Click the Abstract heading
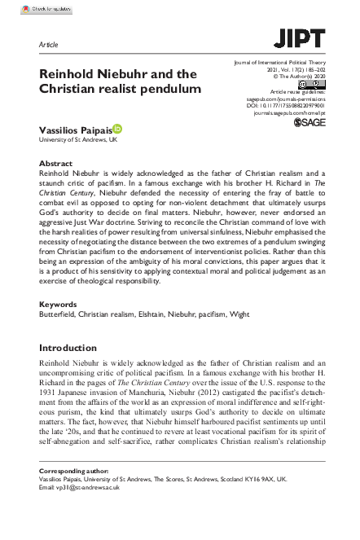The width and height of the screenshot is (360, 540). click(56, 164)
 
